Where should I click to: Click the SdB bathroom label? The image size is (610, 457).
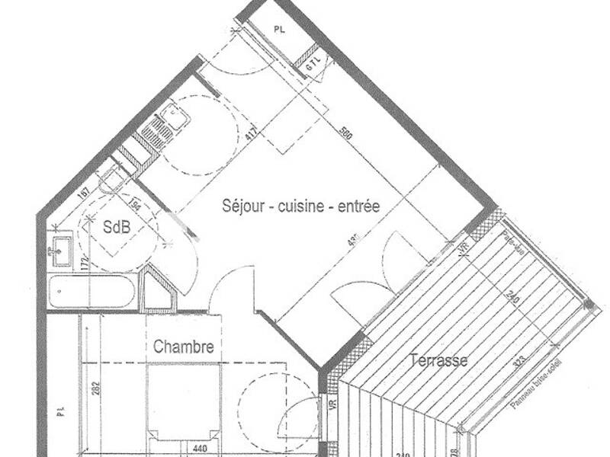[117, 226]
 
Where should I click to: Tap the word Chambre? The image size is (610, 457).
[183, 347]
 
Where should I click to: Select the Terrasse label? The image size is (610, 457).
[438, 360]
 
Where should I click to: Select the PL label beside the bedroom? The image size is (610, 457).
[60, 413]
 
